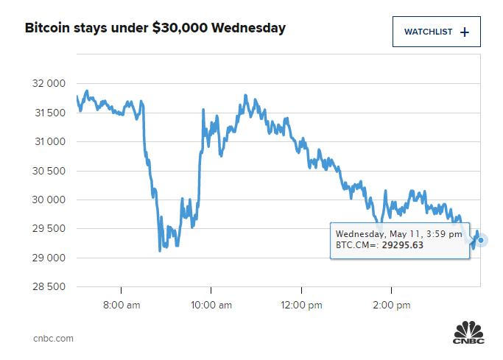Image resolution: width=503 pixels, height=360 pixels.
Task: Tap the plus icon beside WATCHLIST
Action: (464, 32)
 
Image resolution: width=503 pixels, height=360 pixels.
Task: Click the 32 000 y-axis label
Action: (49, 84)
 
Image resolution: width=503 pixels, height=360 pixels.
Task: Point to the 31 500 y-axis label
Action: (49, 113)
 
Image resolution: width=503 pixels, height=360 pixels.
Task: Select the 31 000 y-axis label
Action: (49, 141)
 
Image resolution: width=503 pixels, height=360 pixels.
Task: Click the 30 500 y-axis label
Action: (49, 171)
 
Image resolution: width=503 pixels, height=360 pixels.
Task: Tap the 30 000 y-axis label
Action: (49, 200)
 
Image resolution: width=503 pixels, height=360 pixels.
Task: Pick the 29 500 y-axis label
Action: (49, 228)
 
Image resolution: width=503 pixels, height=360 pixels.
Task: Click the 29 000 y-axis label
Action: (49, 258)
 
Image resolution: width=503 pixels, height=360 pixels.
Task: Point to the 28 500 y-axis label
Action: (49, 286)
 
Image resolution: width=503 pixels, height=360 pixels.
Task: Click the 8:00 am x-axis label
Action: (121, 304)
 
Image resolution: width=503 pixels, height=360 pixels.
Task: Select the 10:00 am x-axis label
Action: (211, 304)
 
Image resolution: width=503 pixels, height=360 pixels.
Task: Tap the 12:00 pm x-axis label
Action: (301, 304)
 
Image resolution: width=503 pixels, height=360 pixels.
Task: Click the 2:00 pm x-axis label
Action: (391, 304)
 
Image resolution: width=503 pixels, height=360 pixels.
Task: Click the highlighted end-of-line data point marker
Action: (481, 240)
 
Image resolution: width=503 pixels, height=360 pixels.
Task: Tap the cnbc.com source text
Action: (53, 339)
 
